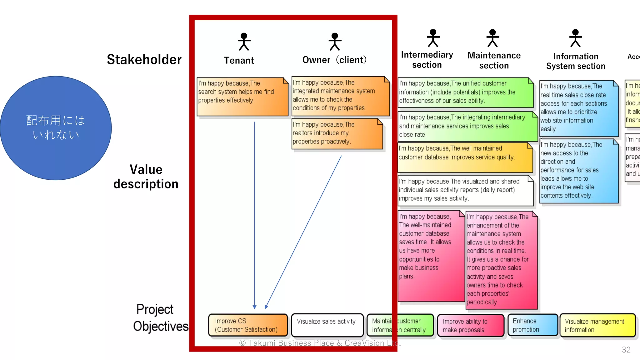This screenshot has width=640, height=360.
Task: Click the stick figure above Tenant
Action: [244, 42]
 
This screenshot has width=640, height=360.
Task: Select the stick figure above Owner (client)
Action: [335, 42]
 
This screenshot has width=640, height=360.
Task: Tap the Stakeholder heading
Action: [144, 59]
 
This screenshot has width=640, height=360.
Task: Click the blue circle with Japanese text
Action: [56, 128]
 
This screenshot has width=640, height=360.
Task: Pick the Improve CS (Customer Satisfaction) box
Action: [248, 325]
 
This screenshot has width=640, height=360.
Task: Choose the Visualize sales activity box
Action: [327, 325]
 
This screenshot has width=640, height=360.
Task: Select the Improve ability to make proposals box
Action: [470, 326]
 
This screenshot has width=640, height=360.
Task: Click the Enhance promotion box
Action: [532, 325]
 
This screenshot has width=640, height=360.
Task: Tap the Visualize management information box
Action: [597, 325]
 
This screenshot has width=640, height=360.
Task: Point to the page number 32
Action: [626, 350]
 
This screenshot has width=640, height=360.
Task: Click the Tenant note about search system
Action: [242, 97]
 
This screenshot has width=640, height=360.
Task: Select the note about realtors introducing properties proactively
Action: [337, 133]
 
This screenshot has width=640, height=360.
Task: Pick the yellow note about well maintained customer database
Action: [465, 157]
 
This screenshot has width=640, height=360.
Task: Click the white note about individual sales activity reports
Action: [465, 190]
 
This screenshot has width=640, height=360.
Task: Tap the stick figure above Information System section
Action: [575, 38]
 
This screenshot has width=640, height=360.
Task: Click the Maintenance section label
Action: [494, 60]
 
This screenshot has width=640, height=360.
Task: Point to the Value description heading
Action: [146, 177]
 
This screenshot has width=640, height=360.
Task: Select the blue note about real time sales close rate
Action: [579, 108]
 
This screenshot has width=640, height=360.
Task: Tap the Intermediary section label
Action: [427, 60]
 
